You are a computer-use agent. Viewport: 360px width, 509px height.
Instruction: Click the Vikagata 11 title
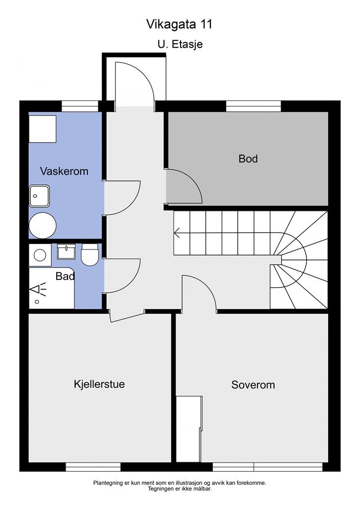[179, 24]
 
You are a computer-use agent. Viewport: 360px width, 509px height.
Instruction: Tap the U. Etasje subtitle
[180, 44]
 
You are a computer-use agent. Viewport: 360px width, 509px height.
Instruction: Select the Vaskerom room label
[64, 171]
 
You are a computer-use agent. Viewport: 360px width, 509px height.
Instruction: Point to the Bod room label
[248, 159]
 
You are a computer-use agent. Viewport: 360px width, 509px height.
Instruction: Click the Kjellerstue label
[99, 384]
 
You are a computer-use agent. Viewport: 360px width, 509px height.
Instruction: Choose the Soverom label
[253, 385]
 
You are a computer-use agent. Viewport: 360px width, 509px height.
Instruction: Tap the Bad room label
[65, 276]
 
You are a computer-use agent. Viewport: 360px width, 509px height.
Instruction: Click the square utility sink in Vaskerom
[39, 196]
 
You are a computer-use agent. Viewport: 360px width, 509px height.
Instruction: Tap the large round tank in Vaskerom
[43, 226]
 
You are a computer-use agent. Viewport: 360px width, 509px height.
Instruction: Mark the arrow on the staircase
[178, 233]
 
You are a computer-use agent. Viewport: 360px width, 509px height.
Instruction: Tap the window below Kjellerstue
[93, 467]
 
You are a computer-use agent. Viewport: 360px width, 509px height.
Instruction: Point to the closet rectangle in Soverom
[189, 429]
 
